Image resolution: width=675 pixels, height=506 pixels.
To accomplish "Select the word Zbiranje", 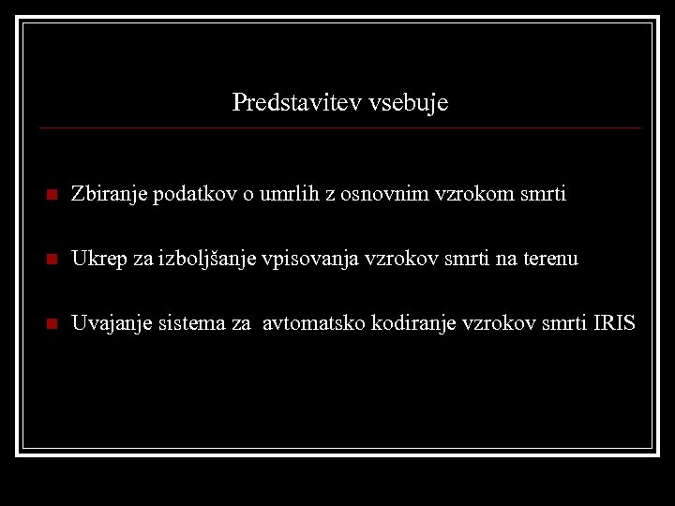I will pyautogui.click(x=109, y=195).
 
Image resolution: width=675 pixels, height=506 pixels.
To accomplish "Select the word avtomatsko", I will pyautogui.click(x=314, y=324).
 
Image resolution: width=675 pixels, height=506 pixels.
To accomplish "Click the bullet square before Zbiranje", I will pyautogui.click(x=52, y=196).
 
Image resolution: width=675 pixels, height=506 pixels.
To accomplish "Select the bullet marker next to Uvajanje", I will pyautogui.click(x=52, y=325).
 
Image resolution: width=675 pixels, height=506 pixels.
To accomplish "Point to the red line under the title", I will pyautogui.click(x=340, y=127).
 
